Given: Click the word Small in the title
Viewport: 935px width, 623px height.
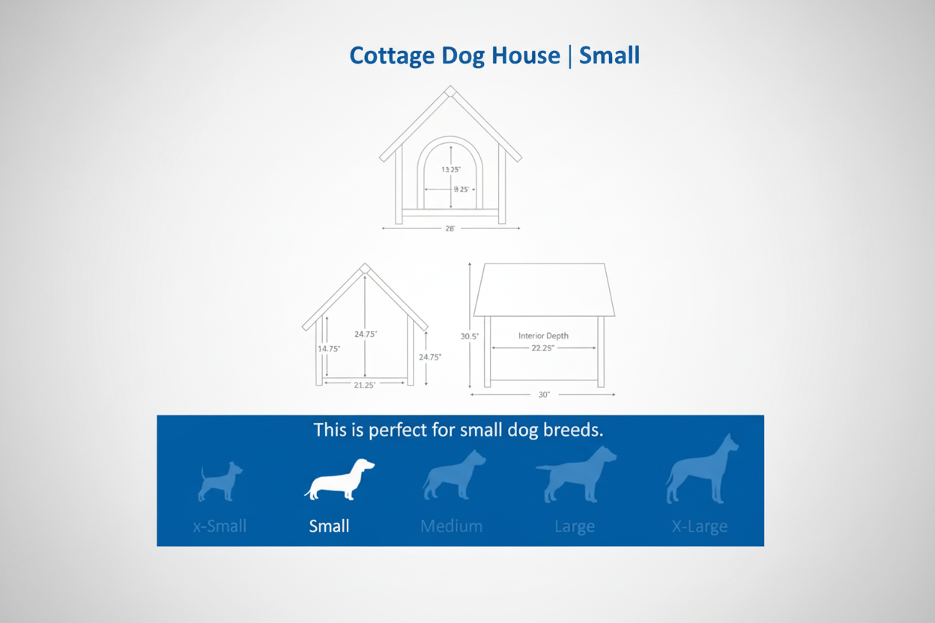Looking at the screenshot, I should pyautogui.click(x=609, y=55).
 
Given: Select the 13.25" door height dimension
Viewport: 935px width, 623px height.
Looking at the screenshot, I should pyautogui.click(x=451, y=170).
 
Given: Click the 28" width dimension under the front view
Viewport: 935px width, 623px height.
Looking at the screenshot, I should pyautogui.click(x=450, y=228).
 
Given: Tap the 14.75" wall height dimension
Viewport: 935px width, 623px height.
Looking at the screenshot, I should pyautogui.click(x=328, y=349).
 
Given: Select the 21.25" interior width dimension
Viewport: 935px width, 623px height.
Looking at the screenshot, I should pyautogui.click(x=364, y=385).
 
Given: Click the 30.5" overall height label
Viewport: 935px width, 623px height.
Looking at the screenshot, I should pyautogui.click(x=469, y=337).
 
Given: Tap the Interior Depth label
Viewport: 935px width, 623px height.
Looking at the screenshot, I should pyautogui.click(x=543, y=335).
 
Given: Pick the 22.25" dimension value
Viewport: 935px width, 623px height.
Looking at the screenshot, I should pyautogui.click(x=543, y=348).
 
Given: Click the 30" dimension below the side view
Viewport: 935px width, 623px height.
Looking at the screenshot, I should pyautogui.click(x=544, y=395).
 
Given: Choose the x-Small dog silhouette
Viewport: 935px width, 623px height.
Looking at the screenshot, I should pyautogui.click(x=220, y=481).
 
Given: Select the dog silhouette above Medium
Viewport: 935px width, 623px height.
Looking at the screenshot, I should pyautogui.click(x=453, y=476).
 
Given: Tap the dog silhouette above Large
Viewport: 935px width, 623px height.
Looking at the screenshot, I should pyautogui.click(x=575, y=475).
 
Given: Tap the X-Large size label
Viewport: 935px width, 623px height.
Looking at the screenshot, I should pyautogui.click(x=700, y=526).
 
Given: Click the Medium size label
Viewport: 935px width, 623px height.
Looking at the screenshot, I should pyautogui.click(x=451, y=526).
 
